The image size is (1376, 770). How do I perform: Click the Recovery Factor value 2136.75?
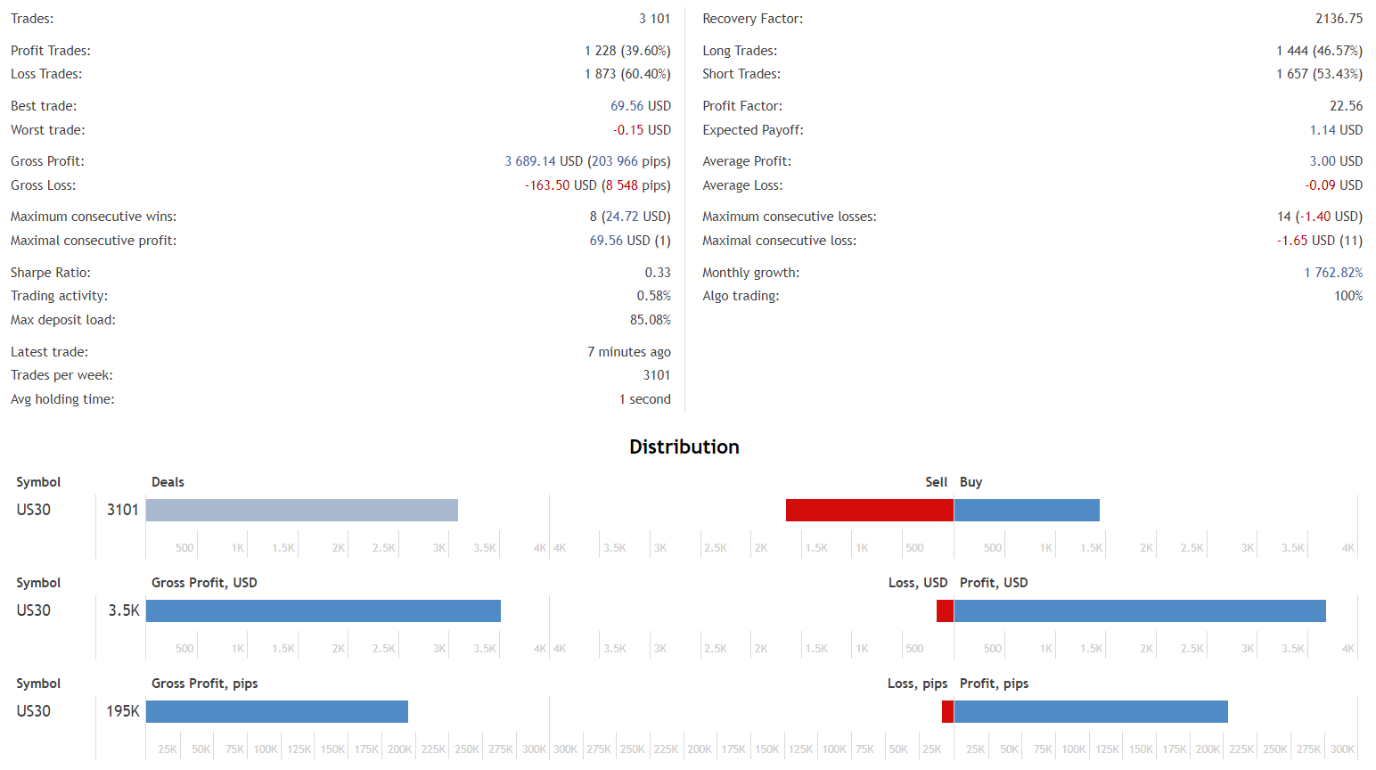pyautogui.click(x=1339, y=19)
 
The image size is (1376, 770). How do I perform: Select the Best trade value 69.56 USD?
pyautogui.click(x=640, y=106)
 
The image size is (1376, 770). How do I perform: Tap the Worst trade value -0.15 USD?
pyautogui.click(x=642, y=130)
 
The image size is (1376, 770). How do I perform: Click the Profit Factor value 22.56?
pyautogui.click(x=1346, y=106)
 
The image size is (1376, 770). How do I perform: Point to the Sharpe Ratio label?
pyautogui.click(x=51, y=273)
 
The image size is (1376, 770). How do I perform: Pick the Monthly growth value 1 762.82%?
pyautogui.click(x=1333, y=273)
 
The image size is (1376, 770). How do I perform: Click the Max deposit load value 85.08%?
pyautogui.click(x=650, y=320)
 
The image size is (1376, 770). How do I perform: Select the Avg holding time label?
pyautogui.click(x=62, y=399)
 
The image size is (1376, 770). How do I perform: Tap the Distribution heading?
pyautogui.click(x=684, y=446)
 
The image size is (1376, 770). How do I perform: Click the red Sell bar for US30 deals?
pyautogui.click(x=869, y=510)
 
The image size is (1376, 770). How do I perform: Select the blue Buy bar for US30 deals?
pyautogui.click(x=1027, y=510)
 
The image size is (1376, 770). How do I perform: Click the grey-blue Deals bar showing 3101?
pyautogui.click(x=302, y=510)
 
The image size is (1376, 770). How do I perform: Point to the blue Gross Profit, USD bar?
pyautogui.click(x=324, y=610)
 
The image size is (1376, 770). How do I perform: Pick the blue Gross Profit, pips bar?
pyautogui.click(x=277, y=711)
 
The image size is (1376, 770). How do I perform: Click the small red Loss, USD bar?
pyautogui.click(x=945, y=610)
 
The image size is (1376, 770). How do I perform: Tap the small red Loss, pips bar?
pyautogui.click(x=947, y=711)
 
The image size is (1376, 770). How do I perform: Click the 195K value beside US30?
pyautogui.click(x=123, y=711)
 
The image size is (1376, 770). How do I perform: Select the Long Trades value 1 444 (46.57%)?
pyautogui.click(x=1319, y=51)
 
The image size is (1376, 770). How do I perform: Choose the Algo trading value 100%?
pyautogui.click(x=1347, y=296)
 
